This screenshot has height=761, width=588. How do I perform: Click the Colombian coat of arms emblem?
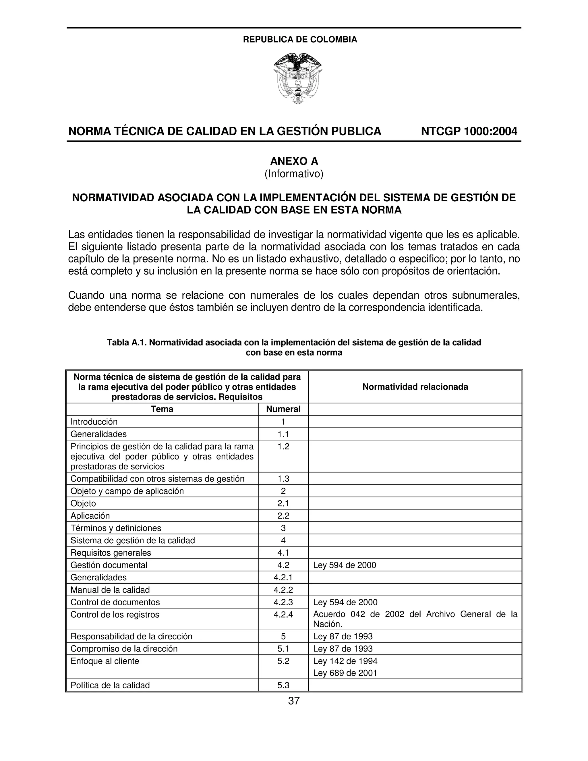297,79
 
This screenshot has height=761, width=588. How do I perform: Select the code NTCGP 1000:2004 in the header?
469,131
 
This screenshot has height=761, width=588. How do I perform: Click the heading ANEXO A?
294,161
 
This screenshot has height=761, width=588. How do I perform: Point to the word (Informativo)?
294,173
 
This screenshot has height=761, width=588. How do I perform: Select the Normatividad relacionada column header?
415,387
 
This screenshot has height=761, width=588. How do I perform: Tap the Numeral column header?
283,409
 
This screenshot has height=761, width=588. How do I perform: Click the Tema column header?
162,409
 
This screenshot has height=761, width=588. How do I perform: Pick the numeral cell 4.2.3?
283,602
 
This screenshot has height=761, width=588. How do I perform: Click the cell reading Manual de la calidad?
110,590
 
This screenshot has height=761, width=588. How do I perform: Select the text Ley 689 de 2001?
345,673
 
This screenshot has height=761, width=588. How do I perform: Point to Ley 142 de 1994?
345,661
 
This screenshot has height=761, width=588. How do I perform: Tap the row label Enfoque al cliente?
105,661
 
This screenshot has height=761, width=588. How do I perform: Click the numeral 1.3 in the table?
283,479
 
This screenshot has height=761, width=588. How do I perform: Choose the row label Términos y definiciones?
116,528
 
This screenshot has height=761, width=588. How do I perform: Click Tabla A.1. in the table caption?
127,343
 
